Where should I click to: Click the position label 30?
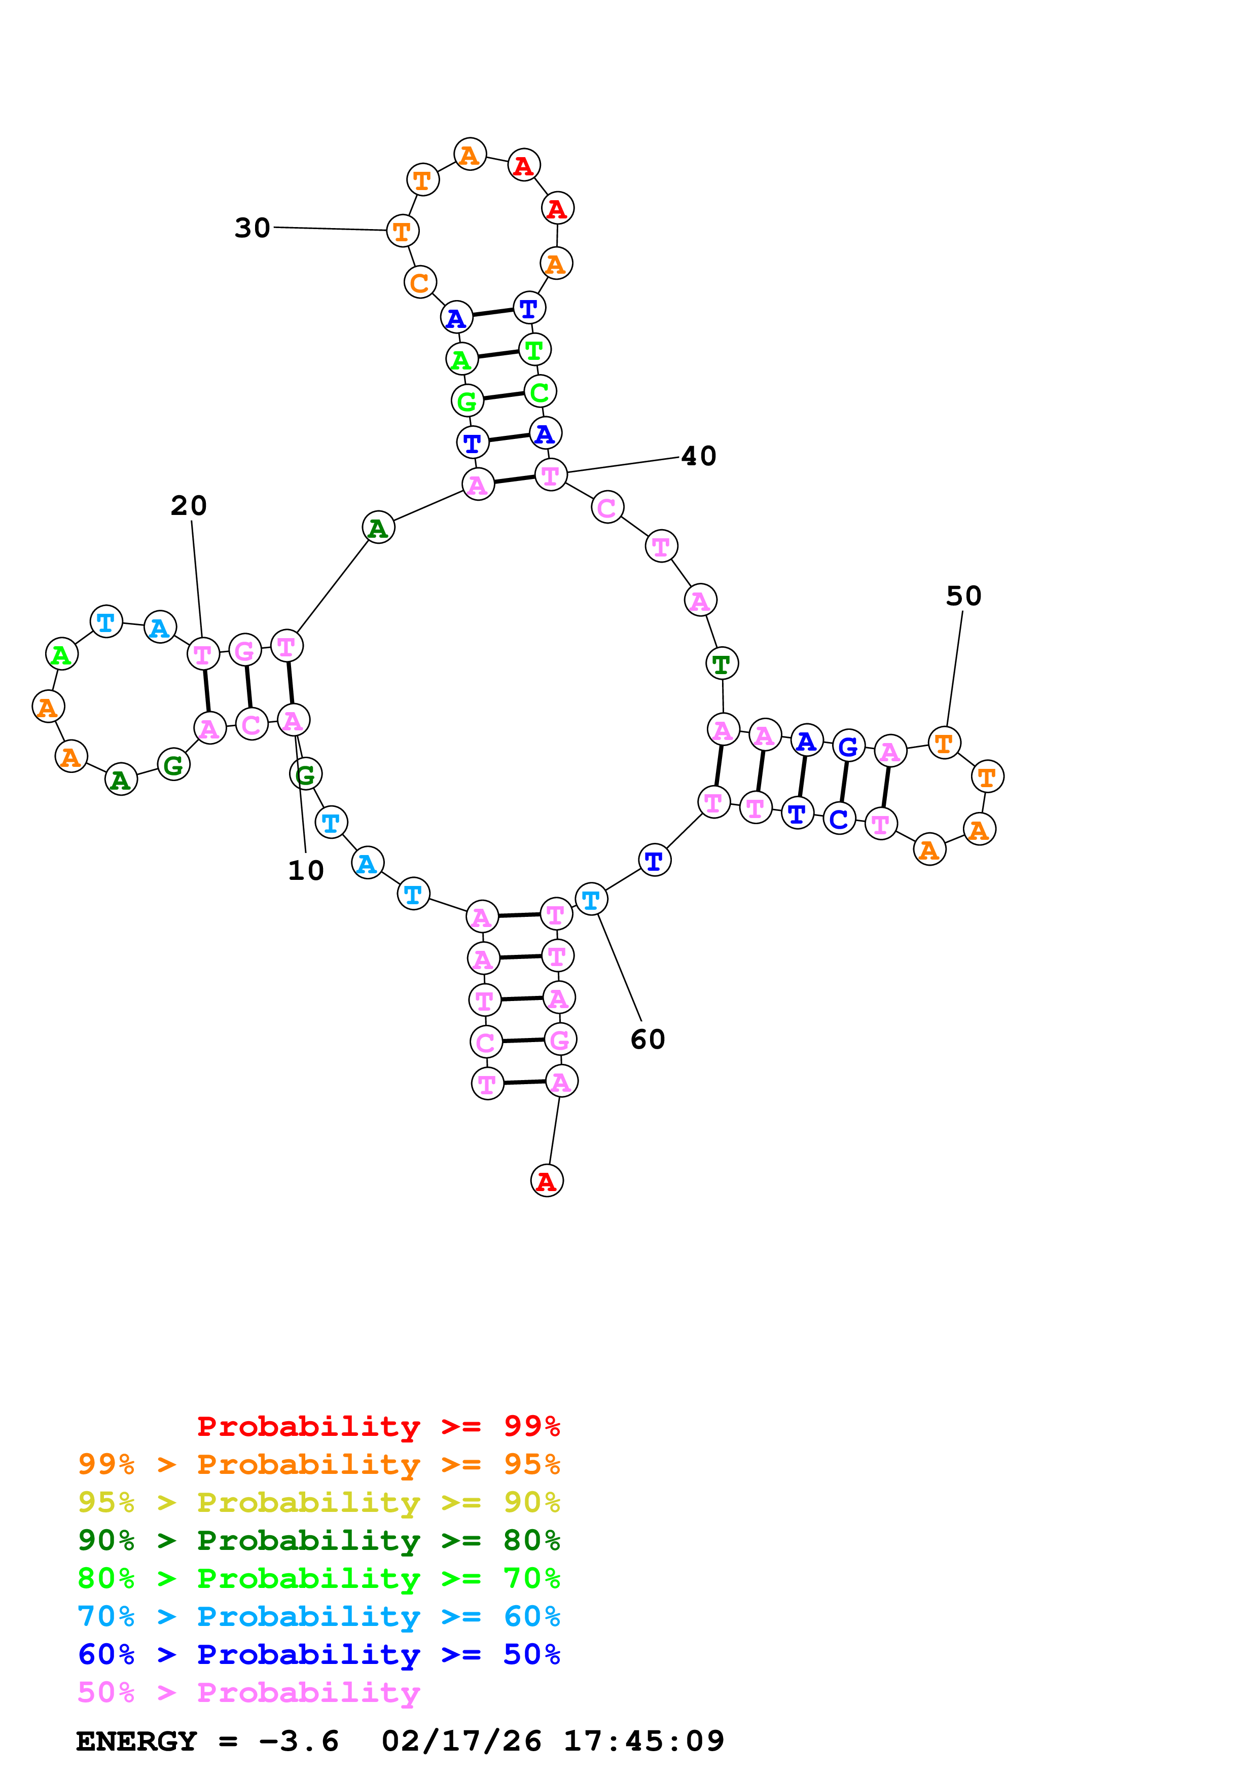253,228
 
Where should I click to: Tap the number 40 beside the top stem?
699,456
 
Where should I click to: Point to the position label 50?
963,596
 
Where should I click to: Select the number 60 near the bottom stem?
648,1039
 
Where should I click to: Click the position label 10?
306,870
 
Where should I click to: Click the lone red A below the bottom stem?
547,1181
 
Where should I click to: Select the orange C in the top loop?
420,283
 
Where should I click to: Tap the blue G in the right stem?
848,747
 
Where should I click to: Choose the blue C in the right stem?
839,819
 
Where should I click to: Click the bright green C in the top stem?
540,392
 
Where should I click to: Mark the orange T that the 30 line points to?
402,231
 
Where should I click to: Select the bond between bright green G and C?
504,396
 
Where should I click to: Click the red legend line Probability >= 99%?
378,1426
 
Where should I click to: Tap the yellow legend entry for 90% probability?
318,1502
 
